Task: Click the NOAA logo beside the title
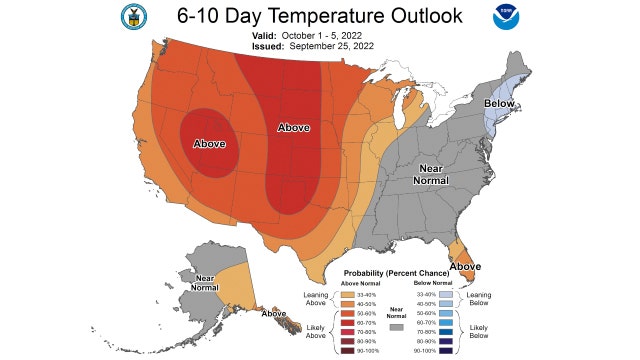coord(505,17)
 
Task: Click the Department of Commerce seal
coord(132,17)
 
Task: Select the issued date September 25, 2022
coord(339,45)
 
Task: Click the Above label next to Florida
coord(465,266)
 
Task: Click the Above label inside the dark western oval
coord(209,142)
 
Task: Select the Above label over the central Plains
coord(293,128)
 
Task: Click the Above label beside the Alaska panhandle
coord(273,314)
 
